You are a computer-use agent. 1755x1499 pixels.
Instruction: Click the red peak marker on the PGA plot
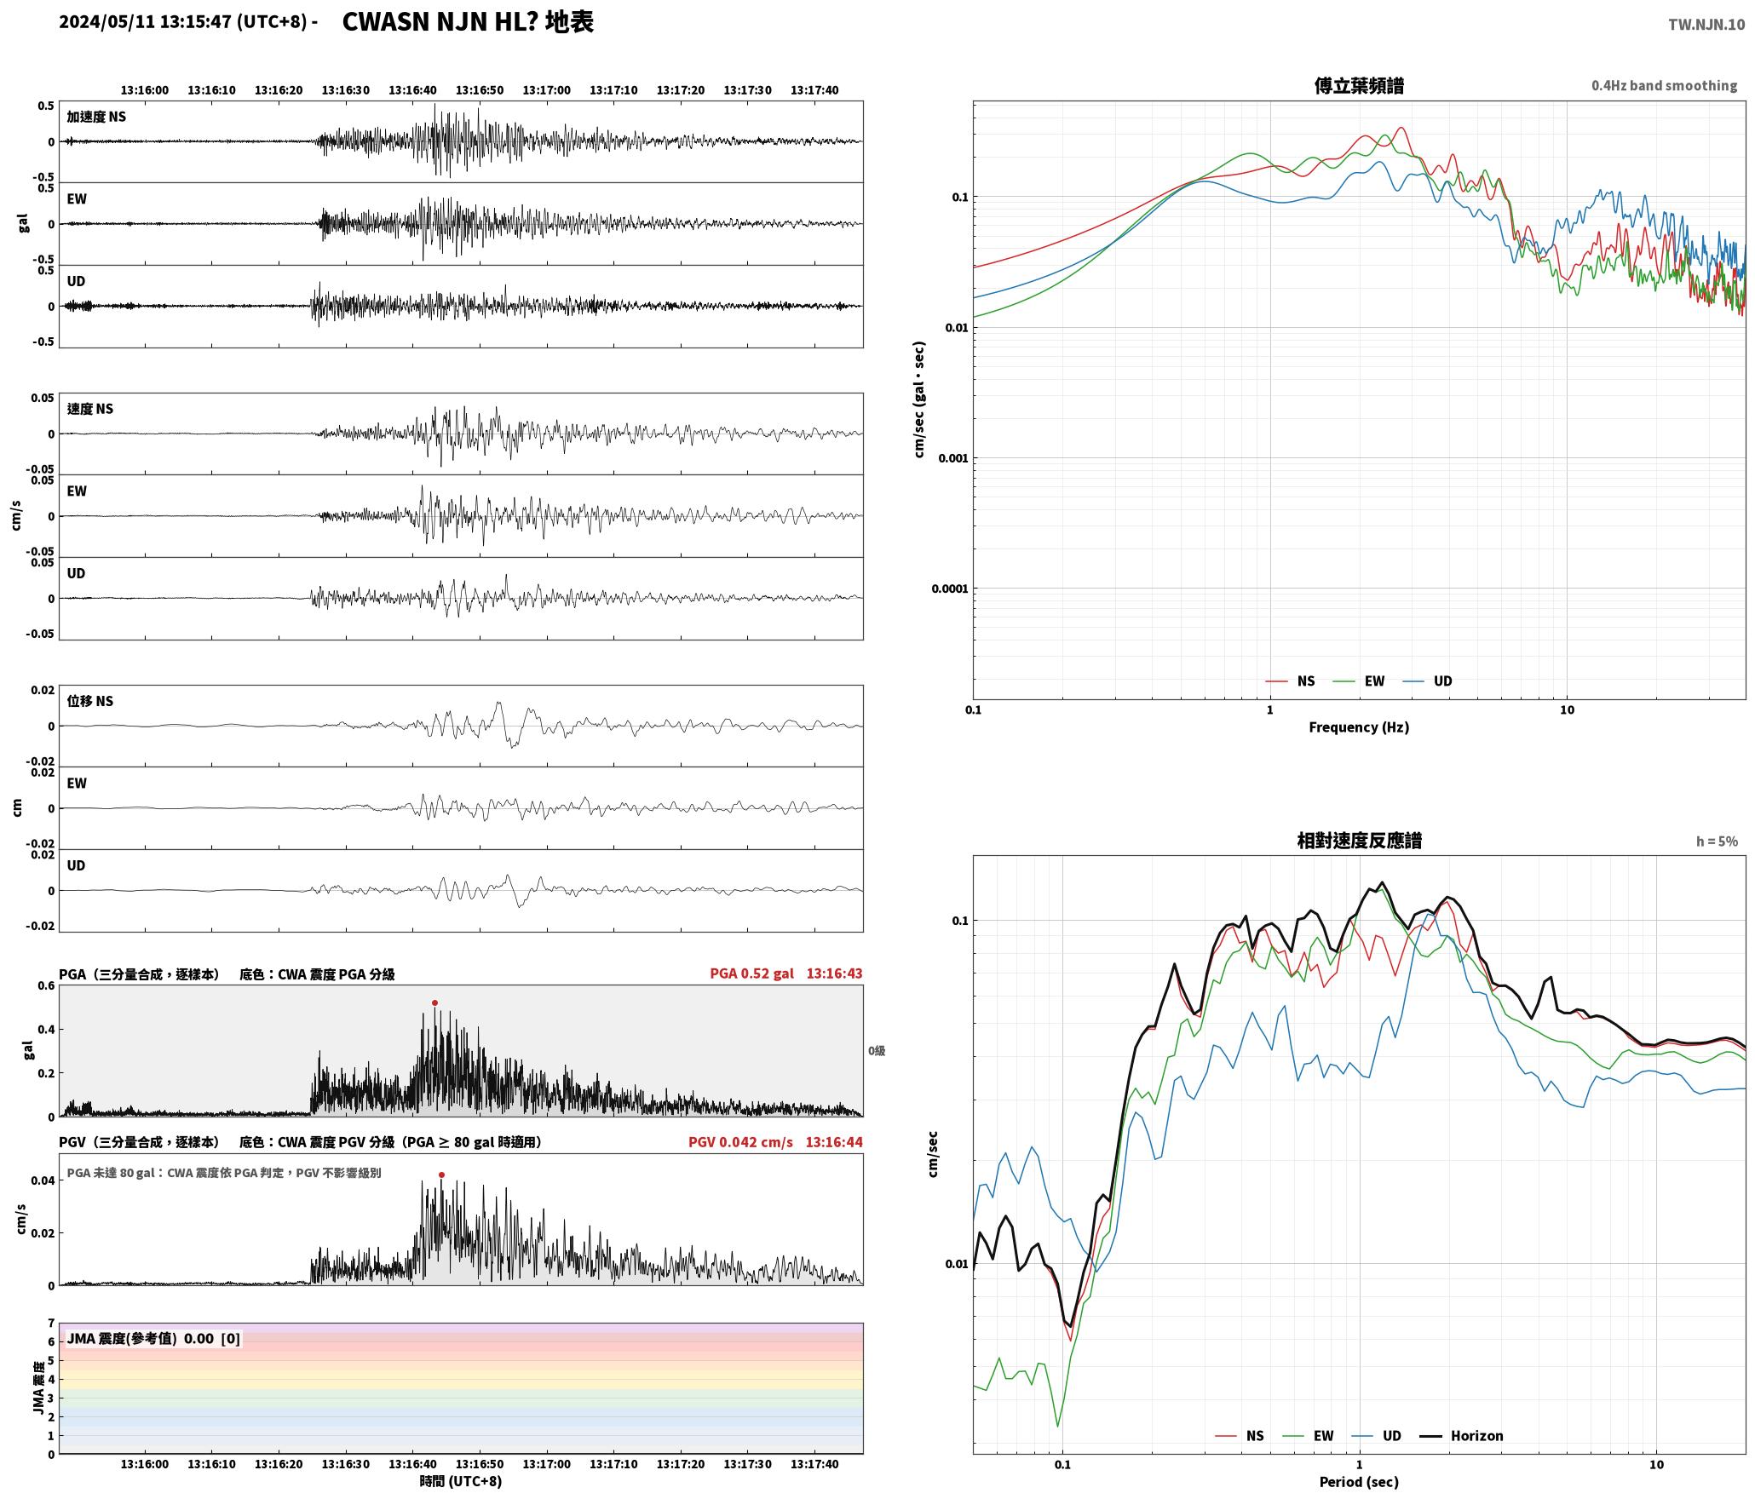click(x=434, y=1002)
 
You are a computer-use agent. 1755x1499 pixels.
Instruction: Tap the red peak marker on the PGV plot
click(x=441, y=1175)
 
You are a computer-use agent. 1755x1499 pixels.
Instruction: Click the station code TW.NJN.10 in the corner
click(x=1706, y=25)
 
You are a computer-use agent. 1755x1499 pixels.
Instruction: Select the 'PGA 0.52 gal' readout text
click(x=751, y=973)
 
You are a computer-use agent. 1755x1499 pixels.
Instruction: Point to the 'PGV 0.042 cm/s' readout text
click(x=740, y=1142)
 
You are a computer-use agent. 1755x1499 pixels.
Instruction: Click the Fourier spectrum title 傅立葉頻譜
click(x=1359, y=86)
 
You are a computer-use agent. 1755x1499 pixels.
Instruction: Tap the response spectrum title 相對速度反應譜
click(x=1359, y=841)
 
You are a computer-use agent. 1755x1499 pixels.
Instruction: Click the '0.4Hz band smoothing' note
click(x=1664, y=85)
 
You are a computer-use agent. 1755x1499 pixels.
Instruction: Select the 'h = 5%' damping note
click(x=1717, y=841)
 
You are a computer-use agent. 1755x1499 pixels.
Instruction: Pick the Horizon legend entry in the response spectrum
click(x=1462, y=1436)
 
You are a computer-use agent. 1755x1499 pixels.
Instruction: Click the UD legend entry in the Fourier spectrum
click(x=1428, y=681)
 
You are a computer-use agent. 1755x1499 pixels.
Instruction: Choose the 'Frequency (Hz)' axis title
click(x=1359, y=727)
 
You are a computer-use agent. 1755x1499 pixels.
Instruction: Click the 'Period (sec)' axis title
click(x=1359, y=1482)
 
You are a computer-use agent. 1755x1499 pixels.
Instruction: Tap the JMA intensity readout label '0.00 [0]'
click(x=212, y=1338)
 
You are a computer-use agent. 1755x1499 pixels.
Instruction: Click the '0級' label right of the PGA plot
click(x=877, y=1051)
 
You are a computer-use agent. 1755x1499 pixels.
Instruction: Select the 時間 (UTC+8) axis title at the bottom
click(x=460, y=1481)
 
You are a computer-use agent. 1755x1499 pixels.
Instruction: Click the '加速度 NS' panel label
click(x=96, y=117)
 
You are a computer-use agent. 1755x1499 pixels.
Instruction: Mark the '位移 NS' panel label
click(x=90, y=701)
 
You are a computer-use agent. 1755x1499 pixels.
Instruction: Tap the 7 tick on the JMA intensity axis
click(x=51, y=1324)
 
